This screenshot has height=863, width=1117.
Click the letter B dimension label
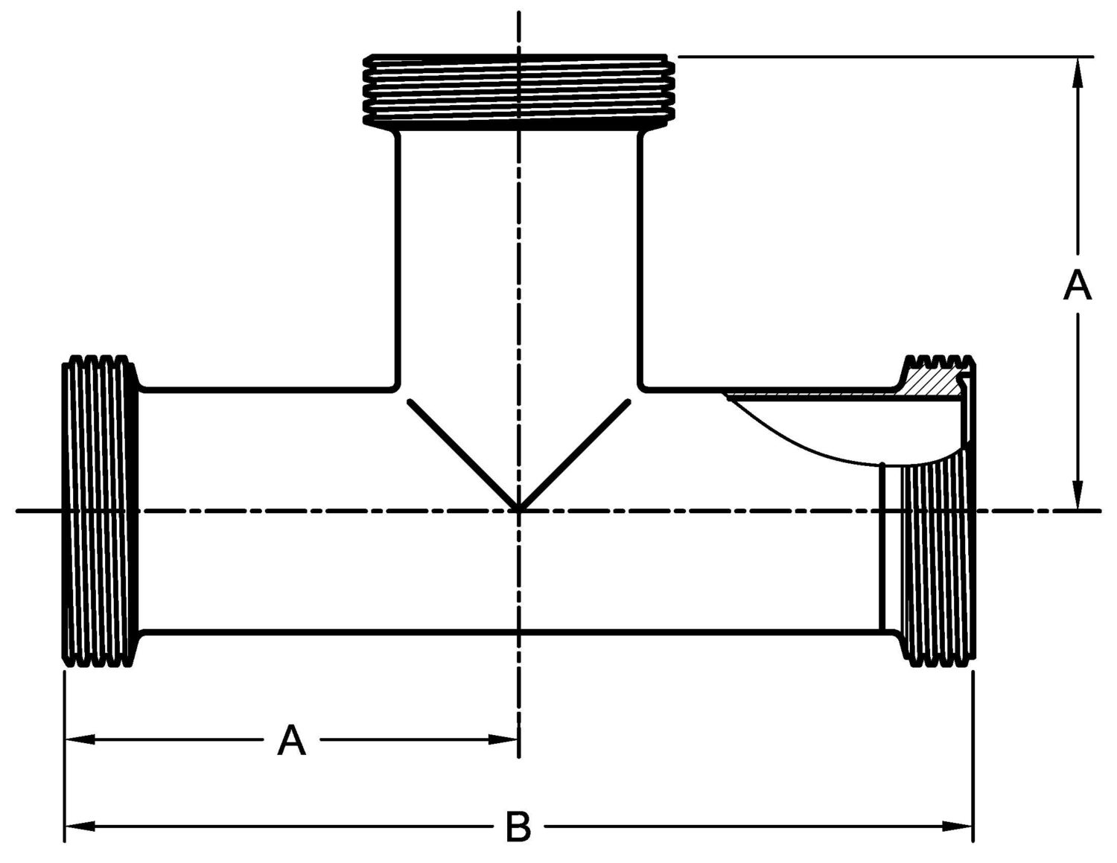tap(518, 827)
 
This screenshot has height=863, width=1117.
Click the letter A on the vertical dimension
tap(1077, 286)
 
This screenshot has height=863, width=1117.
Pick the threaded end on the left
tap(100, 511)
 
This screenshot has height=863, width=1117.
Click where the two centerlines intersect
tap(519, 511)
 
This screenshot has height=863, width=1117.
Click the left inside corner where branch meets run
tap(395, 387)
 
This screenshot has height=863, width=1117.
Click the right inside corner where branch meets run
tap(641, 387)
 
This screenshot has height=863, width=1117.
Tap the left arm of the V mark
tap(462, 455)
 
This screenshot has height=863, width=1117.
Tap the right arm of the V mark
tap(575, 455)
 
